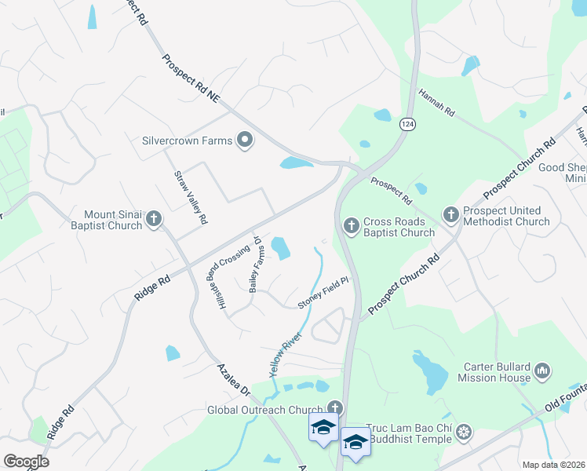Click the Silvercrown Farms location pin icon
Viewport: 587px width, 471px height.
[245, 141]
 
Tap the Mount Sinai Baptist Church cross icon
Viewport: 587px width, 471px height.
[154, 218]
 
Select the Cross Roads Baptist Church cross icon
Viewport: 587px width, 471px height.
[351, 225]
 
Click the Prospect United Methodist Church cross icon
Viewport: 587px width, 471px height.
[450, 214]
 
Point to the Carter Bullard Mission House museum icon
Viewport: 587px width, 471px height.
[542, 370]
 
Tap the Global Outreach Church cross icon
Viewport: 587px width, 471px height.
[335, 408]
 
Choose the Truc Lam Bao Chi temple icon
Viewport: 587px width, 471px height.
[465, 432]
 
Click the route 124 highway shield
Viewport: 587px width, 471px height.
[407, 124]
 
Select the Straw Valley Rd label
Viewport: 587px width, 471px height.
[191, 197]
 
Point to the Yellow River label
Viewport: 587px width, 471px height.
[286, 355]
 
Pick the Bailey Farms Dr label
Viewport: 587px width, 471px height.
[254, 264]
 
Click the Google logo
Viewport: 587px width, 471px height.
[26, 462]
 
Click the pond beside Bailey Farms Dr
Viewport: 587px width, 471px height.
[280, 248]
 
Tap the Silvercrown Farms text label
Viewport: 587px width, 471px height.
[187, 141]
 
